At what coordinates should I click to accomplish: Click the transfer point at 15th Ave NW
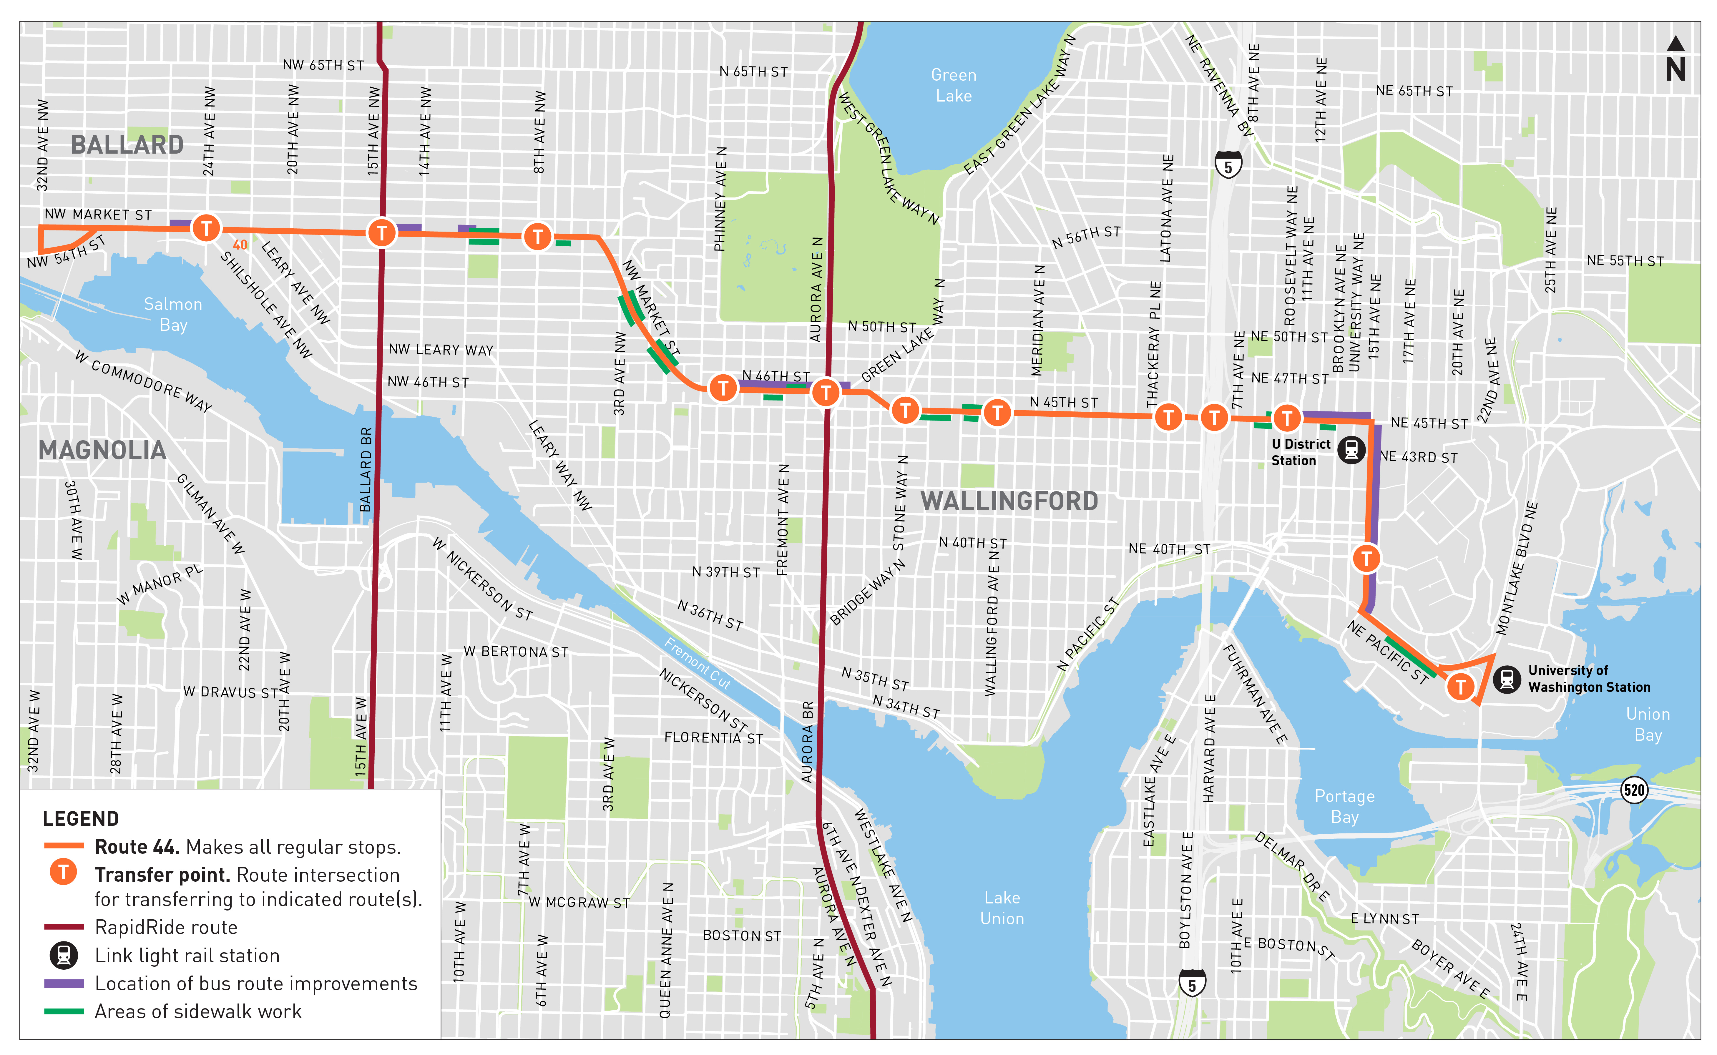coord(382,232)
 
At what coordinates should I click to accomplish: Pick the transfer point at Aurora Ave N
coord(825,392)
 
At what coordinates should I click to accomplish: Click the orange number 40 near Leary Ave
coord(240,245)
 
